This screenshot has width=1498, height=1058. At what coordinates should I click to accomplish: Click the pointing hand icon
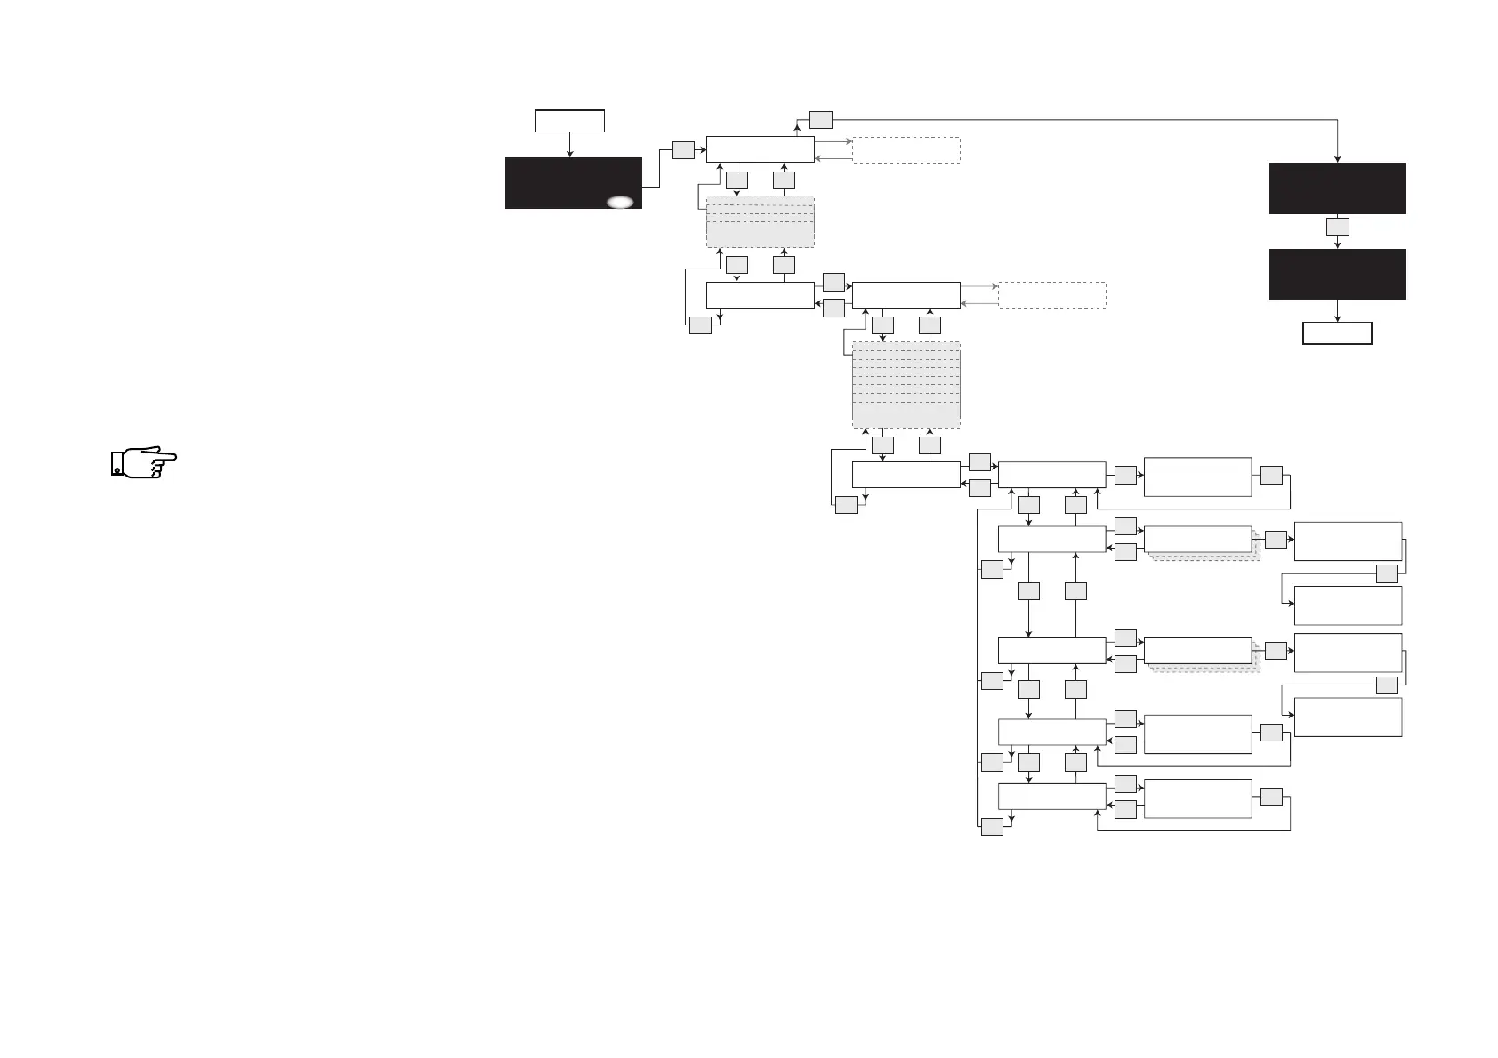click(x=143, y=462)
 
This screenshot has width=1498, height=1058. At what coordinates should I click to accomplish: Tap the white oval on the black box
click(x=620, y=202)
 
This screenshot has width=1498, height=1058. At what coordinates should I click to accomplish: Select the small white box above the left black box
click(x=569, y=121)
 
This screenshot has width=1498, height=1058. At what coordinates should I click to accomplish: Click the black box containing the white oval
click(x=573, y=182)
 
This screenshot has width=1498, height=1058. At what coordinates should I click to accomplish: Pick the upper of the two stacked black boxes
click(x=1337, y=188)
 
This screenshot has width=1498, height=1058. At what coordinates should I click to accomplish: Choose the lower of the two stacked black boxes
click(x=1337, y=274)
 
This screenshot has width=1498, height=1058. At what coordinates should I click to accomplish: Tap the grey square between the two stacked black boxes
click(x=1337, y=227)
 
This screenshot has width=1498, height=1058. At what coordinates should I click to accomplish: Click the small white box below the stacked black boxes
click(x=1337, y=333)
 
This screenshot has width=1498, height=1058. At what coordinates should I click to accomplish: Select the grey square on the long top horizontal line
click(x=820, y=118)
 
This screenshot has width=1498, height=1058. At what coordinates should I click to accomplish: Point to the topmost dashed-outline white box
click(x=906, y=149)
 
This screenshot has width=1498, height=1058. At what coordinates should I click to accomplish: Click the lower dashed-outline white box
click(x=1051, y=294)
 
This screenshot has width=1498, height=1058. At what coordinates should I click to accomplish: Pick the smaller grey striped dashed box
click(x=760, y=221)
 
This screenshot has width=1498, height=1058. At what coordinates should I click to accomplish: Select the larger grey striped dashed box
click(x=906, y=385)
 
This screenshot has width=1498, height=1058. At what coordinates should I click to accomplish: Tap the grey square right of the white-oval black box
click(x=683, y=149)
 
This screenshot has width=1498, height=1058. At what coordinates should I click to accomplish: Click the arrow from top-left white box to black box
click(x=569, y=144)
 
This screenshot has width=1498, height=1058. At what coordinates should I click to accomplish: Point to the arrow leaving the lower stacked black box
click(x=1337, y=310)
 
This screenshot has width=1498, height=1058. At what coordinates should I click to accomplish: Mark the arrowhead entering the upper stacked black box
click(x=1337, y=159)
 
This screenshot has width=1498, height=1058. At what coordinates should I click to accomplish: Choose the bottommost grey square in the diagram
click(x=992, y=827)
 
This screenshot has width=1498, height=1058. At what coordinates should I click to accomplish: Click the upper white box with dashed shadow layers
click(x=1197, y=539)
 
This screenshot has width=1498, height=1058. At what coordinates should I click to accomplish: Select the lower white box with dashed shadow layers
click(x=1197, y=650)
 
